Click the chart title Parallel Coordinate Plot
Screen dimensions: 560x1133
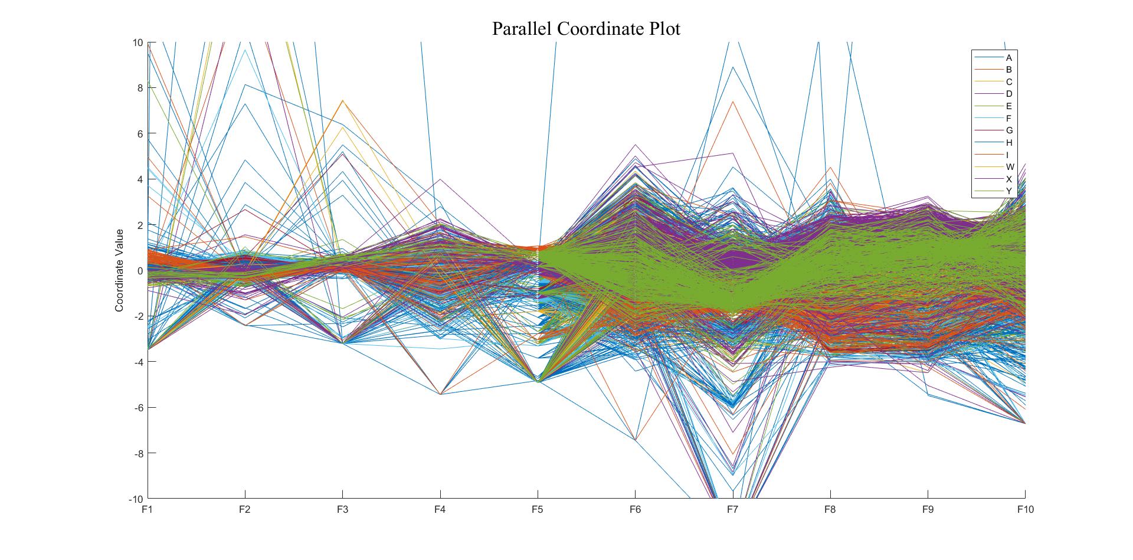pos(586,28)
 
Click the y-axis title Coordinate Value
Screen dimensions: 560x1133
pos(119,270)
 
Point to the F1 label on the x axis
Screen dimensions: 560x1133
pos(147,509)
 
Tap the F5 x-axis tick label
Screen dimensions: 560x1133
pos(537,509)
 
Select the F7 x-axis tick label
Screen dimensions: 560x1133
pos(732,509)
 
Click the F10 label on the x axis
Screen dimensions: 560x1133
pos(1024,509)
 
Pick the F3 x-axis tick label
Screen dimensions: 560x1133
pos(342,509)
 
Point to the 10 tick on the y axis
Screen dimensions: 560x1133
pos(137,42)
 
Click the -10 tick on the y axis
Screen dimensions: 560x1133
pos(136,499)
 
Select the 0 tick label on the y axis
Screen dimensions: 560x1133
pos(140,271)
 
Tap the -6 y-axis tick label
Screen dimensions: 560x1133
pos(137,408)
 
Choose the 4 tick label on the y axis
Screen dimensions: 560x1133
pos(140,179)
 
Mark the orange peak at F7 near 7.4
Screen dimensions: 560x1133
pos(732,101)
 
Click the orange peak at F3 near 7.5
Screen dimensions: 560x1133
pos(342,100)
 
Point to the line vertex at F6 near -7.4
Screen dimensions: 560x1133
pos(635,440)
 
